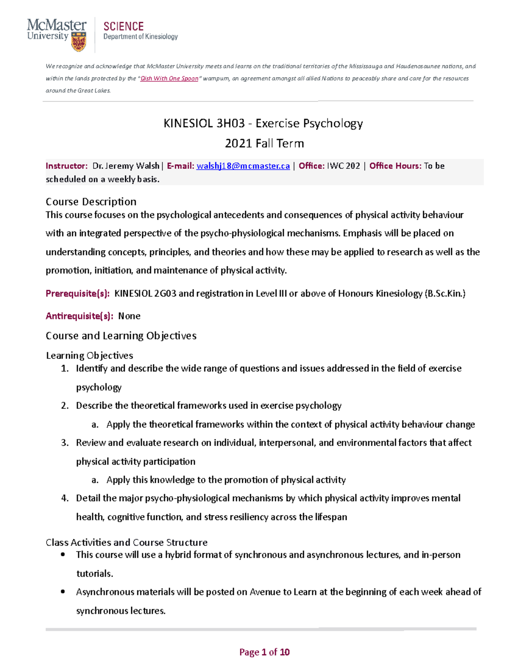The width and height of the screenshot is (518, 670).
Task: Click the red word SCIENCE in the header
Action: (123, 27)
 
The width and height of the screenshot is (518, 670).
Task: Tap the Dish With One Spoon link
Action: (169, 79)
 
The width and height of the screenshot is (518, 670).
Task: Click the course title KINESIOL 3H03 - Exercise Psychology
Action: (263, 123)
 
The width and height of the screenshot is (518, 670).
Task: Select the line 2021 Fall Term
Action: (264, 143)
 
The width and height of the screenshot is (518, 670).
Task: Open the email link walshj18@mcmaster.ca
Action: (243, 166)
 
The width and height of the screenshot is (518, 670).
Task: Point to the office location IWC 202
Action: (344, 166)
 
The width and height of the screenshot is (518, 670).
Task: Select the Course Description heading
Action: (91, 201)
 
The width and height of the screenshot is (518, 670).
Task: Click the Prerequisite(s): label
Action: (78, 294)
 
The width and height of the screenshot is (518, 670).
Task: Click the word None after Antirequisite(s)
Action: (129, 316)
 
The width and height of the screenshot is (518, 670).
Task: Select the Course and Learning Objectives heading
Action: (121, 336)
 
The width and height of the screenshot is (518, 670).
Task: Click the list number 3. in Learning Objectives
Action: (65, 443)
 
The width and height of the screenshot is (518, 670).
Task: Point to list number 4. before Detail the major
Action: (65, 498)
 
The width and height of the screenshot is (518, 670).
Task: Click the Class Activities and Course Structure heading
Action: (126, 542)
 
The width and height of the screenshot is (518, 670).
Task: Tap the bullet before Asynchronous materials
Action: (63, 592)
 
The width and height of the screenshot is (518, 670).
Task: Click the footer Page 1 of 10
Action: (264, 652)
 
